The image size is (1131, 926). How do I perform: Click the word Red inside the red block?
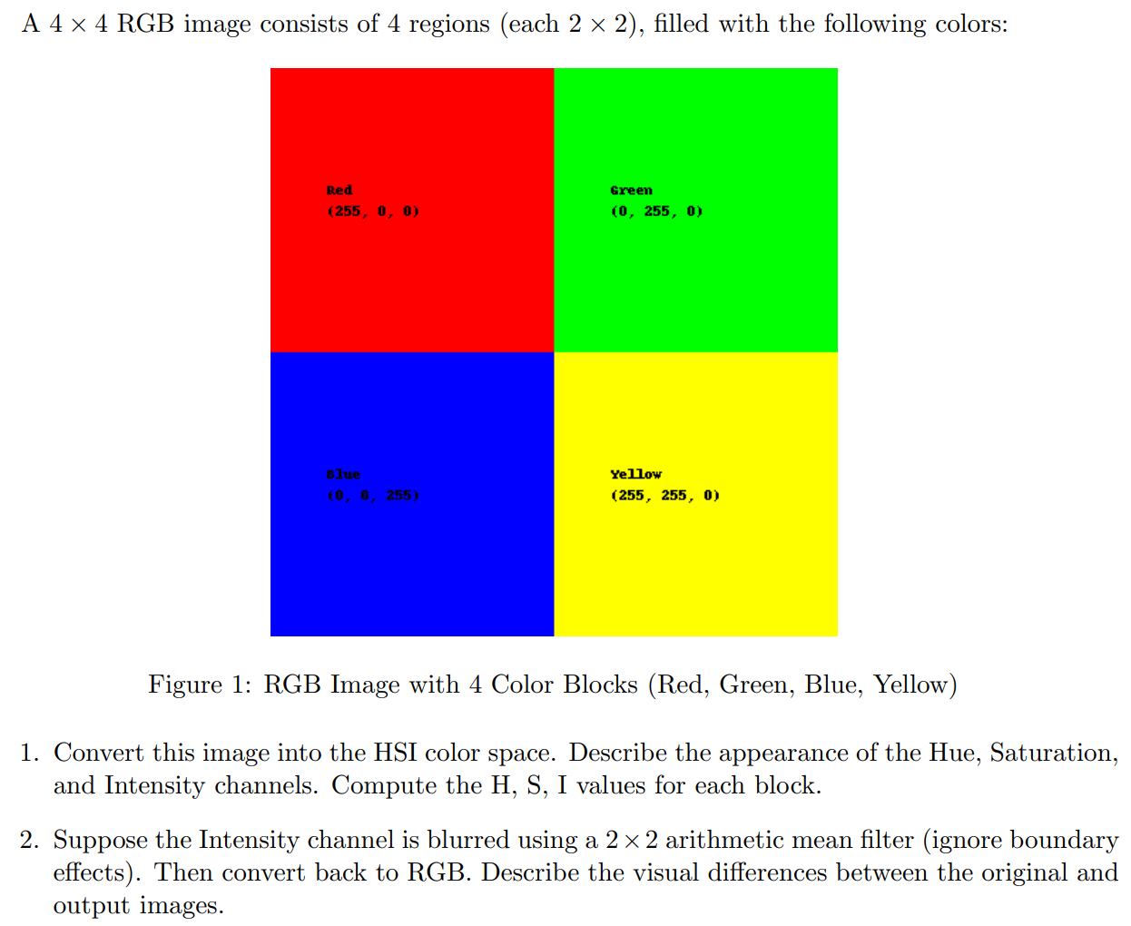point(339,191)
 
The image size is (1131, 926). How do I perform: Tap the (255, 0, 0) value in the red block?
point(373,212)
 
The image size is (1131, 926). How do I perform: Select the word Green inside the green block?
point(631,191)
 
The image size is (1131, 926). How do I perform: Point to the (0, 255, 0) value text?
point(656,212)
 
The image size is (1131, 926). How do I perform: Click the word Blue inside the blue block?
point(343,475)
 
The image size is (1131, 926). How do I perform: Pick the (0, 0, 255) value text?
point(373,496)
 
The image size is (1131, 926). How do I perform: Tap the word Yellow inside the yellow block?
point(635,475)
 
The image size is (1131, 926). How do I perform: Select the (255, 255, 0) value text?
point(664,496)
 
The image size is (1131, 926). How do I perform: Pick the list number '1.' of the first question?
point(30,753)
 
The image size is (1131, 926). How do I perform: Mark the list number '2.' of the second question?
point(30,840)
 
